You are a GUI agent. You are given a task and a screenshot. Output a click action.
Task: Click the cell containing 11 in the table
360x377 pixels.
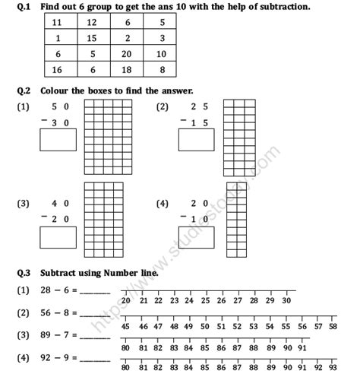click(x=58, y=24)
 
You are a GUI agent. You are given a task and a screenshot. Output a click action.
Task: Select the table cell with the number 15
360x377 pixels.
click(x=92, y=38)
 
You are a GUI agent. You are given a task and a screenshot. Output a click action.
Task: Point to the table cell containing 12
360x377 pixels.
click(x=92, y=24)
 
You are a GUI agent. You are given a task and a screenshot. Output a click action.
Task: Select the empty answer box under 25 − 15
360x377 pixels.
click(x=196, y=140)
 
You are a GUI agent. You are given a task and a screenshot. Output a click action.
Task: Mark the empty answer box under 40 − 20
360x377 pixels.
click(x=58, y=236)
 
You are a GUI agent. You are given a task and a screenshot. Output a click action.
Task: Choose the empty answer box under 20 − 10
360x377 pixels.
click(x=196, y=236)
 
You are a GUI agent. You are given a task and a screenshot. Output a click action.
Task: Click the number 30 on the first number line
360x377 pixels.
click(x=286, y=300)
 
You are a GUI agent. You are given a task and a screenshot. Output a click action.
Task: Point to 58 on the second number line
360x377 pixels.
click(x=333, y=325)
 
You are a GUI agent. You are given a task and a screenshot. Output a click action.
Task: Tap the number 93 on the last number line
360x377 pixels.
click(x=333, y=368)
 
